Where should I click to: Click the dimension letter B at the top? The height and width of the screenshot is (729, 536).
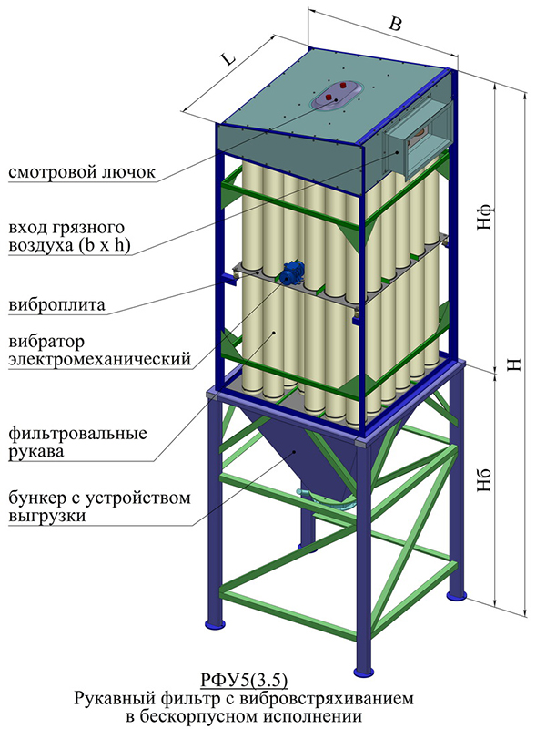click(395, 24)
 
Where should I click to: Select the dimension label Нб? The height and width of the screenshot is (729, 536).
click(484, 480)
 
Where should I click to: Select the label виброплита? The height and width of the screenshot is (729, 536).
click(56, 305)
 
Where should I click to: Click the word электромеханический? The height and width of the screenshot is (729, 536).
click(100, 359)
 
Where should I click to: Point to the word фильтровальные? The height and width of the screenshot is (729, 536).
click(77, 434)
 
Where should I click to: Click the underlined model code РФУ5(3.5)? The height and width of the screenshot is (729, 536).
click(244, 681)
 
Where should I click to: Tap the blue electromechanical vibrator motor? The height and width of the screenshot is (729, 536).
click(292, 272)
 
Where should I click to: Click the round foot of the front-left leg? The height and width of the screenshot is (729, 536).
click(215, 623)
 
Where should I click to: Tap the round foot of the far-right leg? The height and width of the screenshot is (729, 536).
click(456, 595)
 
